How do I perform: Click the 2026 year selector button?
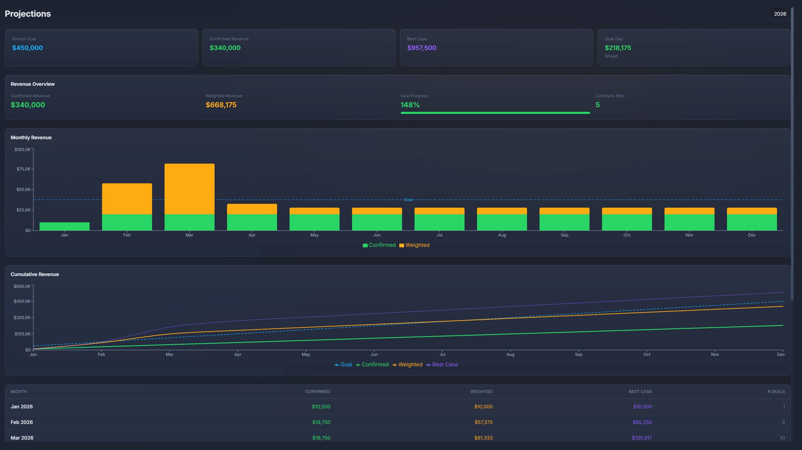[780, 14]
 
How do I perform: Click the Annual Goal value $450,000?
[27, 48]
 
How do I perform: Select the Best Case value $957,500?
[421, 48]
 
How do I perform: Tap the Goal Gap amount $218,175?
[618, 48]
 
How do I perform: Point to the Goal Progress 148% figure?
[410, 105]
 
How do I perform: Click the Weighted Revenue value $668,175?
[221, 105]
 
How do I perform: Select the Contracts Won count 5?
[598, 105]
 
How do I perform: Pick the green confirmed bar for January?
[65, 226]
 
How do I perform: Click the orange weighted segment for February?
[127, 199]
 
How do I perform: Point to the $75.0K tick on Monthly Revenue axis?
[23, 169]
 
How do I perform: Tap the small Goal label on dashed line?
[408, 200]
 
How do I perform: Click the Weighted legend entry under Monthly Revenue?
[415, 245]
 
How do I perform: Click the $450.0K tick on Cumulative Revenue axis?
[22, 301]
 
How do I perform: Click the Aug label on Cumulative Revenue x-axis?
[510, 355]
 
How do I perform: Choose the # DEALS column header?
[776, 392]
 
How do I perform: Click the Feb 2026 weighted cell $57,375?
[483, 422]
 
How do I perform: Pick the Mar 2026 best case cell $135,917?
[642, 438]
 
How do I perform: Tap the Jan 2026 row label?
[22, 407]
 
